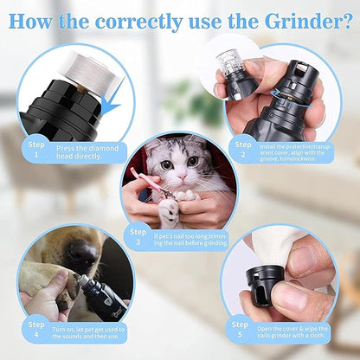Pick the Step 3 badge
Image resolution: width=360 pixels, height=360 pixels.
tap(138, 236)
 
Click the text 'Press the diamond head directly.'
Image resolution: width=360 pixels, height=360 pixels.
tap(87, 152)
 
